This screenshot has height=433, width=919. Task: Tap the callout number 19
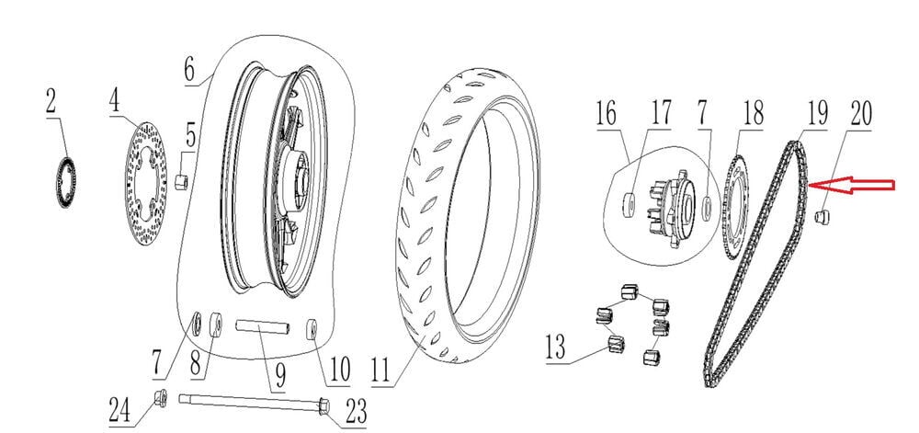tap(816, 113)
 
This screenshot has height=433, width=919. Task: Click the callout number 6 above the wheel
tap(189, 69)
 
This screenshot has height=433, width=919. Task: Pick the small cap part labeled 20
tap(823, 217)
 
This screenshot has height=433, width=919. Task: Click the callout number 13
tap(556, 348)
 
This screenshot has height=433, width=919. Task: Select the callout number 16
tap(606, 115)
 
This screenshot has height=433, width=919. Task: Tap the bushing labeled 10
tap(312, 327)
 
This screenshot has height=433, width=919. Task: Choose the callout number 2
tap(51, 101)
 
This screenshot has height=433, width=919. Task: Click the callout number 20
tap(860, 113)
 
